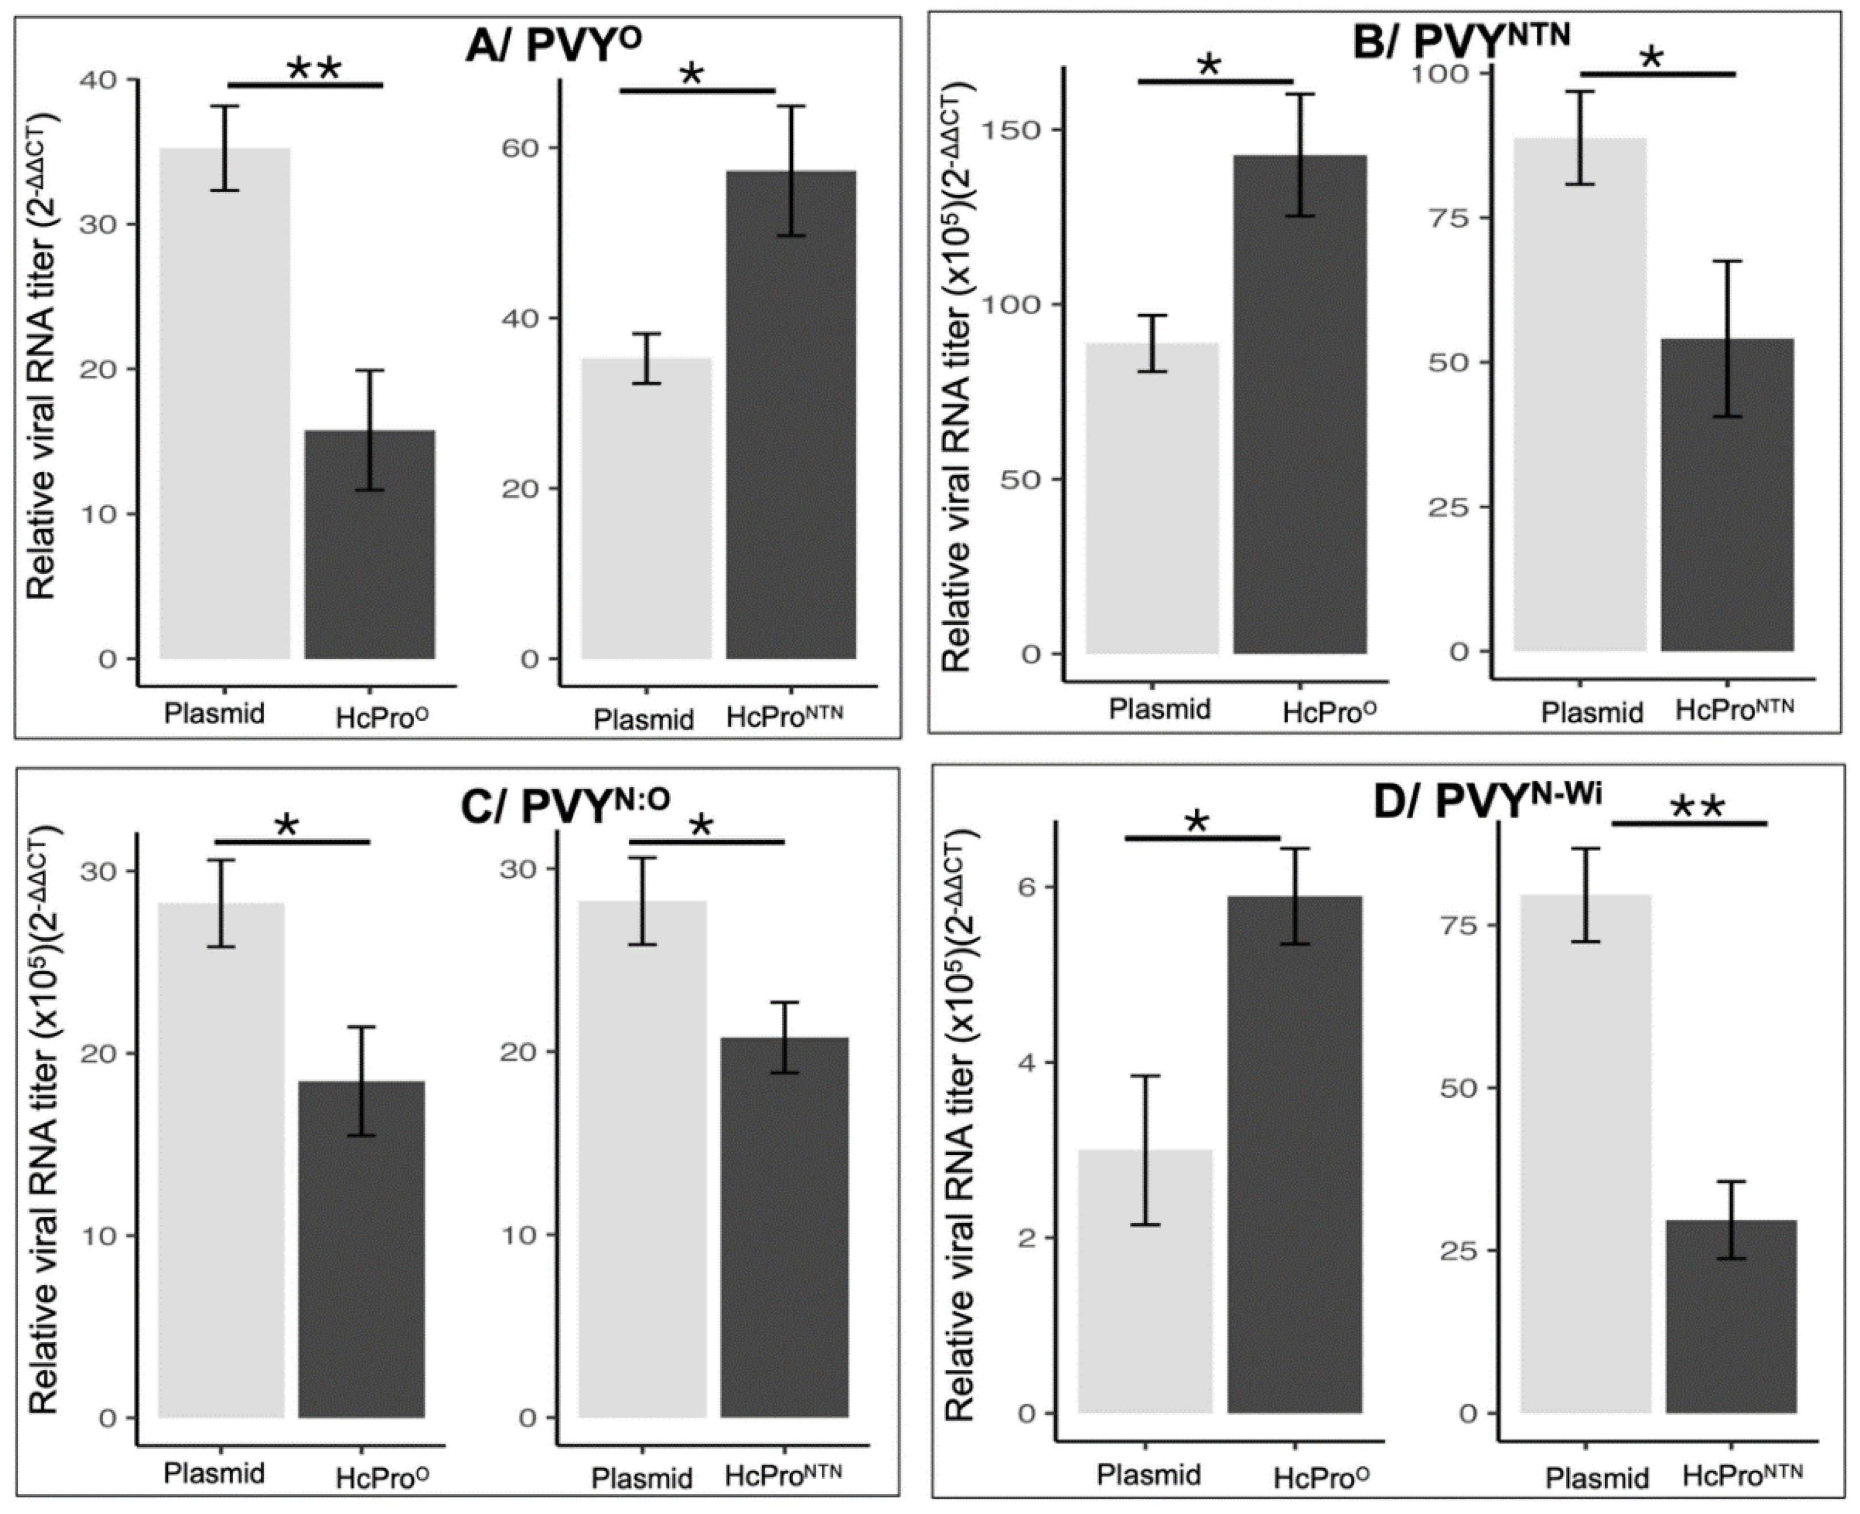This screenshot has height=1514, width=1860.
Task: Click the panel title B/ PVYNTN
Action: (x=1461, y=39)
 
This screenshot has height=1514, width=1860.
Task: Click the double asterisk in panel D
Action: (x=1697, y=809)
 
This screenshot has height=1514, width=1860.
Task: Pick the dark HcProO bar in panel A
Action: (x=370, y=545)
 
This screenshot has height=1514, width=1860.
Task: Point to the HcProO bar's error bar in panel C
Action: (x=362, y=1081)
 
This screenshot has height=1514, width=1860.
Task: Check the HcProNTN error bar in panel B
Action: (x=1727, y=339)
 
